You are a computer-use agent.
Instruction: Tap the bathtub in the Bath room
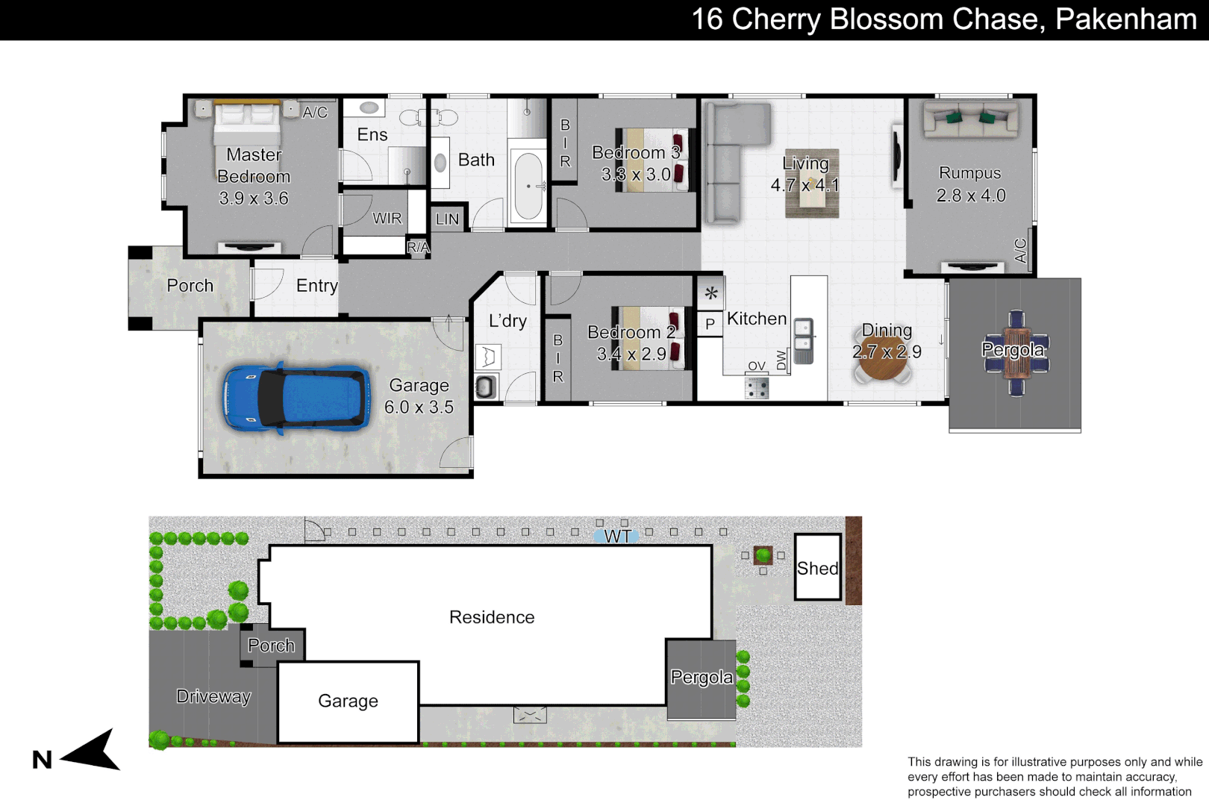(x=528, y=186)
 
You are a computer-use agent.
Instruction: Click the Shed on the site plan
(x=817, y=568)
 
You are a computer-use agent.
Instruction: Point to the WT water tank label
(x=617, y=536)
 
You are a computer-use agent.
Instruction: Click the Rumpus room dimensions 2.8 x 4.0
(x=971, y=196)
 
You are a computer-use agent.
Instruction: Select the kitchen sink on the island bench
(x=803, y=335)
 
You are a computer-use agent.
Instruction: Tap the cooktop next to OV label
(x=757, y=387)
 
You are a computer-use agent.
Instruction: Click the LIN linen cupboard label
(x=447, y=219)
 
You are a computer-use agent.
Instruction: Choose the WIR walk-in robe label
(x=387, y=218)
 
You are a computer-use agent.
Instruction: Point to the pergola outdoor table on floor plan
(x=1016, y=352)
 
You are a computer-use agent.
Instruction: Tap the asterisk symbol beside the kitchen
(x=710, y=293)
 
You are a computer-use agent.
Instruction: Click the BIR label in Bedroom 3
(x=565, y=143)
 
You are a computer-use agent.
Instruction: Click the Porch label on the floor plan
(x=190, y=285)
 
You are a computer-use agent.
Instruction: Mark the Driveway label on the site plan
(x=213, y=696)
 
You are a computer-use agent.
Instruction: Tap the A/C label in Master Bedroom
(x=314, y=112)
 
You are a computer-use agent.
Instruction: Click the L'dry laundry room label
(x=507, y=321)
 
